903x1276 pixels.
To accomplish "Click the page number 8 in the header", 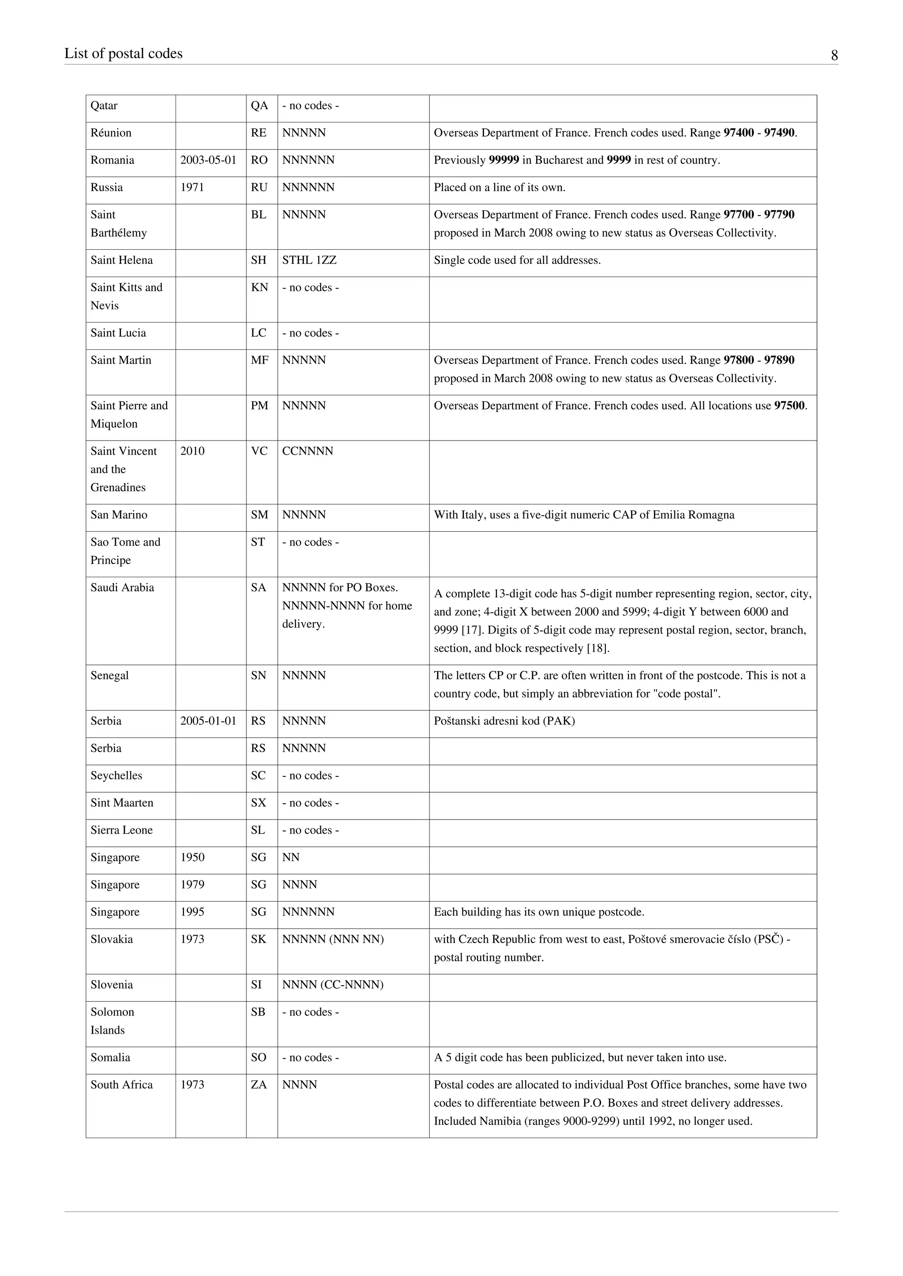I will point(834,55).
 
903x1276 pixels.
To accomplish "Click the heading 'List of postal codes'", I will point(123,53).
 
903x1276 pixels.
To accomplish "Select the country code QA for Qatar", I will point(260,106).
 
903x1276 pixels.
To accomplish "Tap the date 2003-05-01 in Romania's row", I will point(209,160).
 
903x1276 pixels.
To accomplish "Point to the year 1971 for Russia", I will point(192,187).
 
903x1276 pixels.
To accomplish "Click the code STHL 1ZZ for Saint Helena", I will point(309,260).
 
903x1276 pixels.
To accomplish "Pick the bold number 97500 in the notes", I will point(789,406).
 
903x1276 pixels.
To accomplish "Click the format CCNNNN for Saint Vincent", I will point(307,451).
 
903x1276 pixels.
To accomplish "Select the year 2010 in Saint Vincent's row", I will point(192,451).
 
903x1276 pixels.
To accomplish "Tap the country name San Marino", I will point(119,515).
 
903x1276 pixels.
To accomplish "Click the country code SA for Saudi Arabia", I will point(258,587).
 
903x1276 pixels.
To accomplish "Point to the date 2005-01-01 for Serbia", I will point(209,721).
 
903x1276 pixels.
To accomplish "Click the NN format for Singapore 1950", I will point(291,857).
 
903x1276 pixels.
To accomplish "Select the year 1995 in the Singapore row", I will point(192,912).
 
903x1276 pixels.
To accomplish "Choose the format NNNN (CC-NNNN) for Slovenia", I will point(332,984).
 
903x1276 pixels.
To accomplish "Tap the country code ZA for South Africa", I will point(258,1084).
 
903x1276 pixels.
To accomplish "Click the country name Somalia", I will point(110,1057).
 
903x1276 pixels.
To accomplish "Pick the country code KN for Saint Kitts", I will point(260,287).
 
